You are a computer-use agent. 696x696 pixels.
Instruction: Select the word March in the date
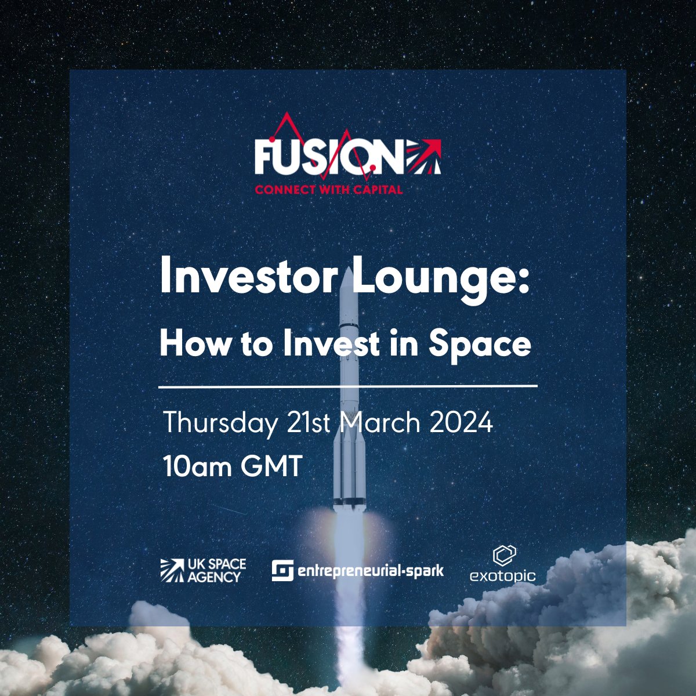pos(379,423)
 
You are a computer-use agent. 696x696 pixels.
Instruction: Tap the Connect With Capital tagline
pos(329,190)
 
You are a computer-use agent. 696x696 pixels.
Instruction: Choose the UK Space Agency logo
pos(203,570)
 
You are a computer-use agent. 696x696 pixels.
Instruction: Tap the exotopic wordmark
pos(502,576)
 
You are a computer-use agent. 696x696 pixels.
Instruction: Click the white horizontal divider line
pos(348,385)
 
